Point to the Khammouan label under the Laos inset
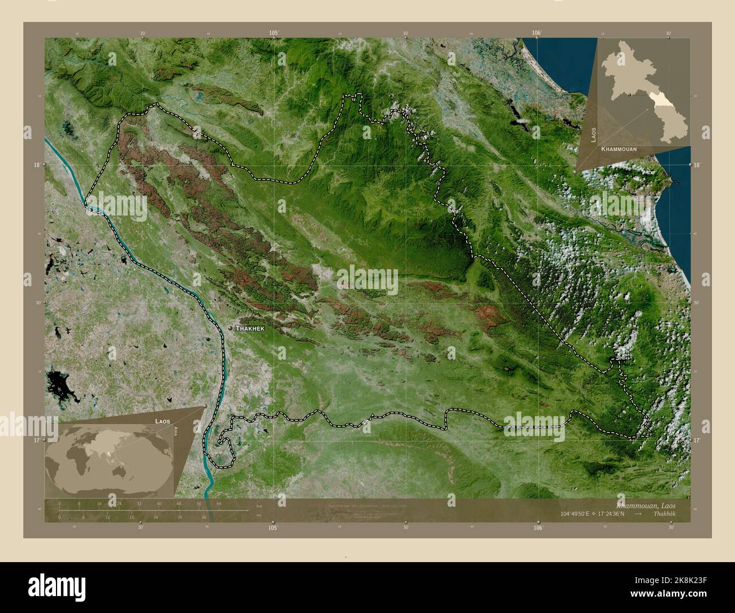(x=620, y=149)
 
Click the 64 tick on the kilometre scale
(x=218, y=503)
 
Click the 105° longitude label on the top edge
(x=274, y=33)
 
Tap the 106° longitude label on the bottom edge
(x=538, y=528)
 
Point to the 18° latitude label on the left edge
(x=37, y=165)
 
